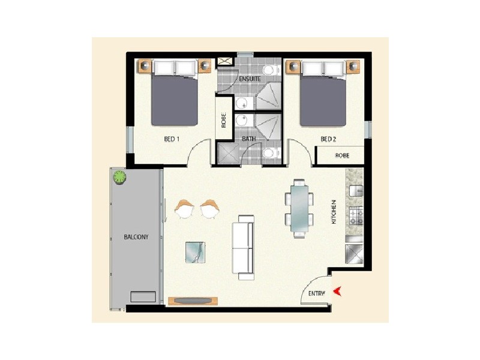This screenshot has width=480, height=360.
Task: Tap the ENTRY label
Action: click(x=316, y=293)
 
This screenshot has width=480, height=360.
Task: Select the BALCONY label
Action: click(x=136, y=236)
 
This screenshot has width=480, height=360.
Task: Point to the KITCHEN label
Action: click(x=335, y=214)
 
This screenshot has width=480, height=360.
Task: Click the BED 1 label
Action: click(x=172, y=139)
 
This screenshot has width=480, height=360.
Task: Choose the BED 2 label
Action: click(x=328, y=139)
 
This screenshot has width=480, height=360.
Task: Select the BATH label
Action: click(x=249, y=139)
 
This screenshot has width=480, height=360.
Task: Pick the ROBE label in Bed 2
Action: click(x=342, y=155)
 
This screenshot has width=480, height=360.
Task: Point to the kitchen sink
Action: click(x=355, y=191)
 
